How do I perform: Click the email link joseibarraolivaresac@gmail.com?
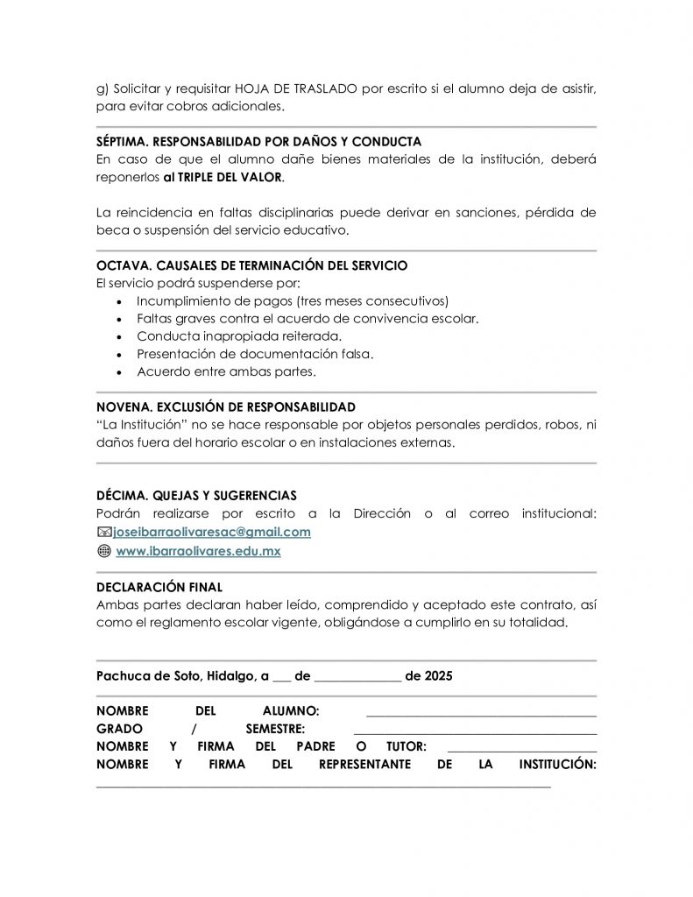point(213,532)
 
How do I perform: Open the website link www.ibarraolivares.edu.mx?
point(198,551)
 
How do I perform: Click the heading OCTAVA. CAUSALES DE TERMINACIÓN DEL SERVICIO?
point(251,265)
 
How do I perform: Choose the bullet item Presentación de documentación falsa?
point(255,354)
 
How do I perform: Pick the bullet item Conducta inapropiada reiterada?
point(239,336)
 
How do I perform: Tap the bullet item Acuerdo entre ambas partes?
point(226,371)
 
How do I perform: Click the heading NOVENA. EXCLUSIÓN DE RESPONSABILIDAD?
point(225,407)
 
